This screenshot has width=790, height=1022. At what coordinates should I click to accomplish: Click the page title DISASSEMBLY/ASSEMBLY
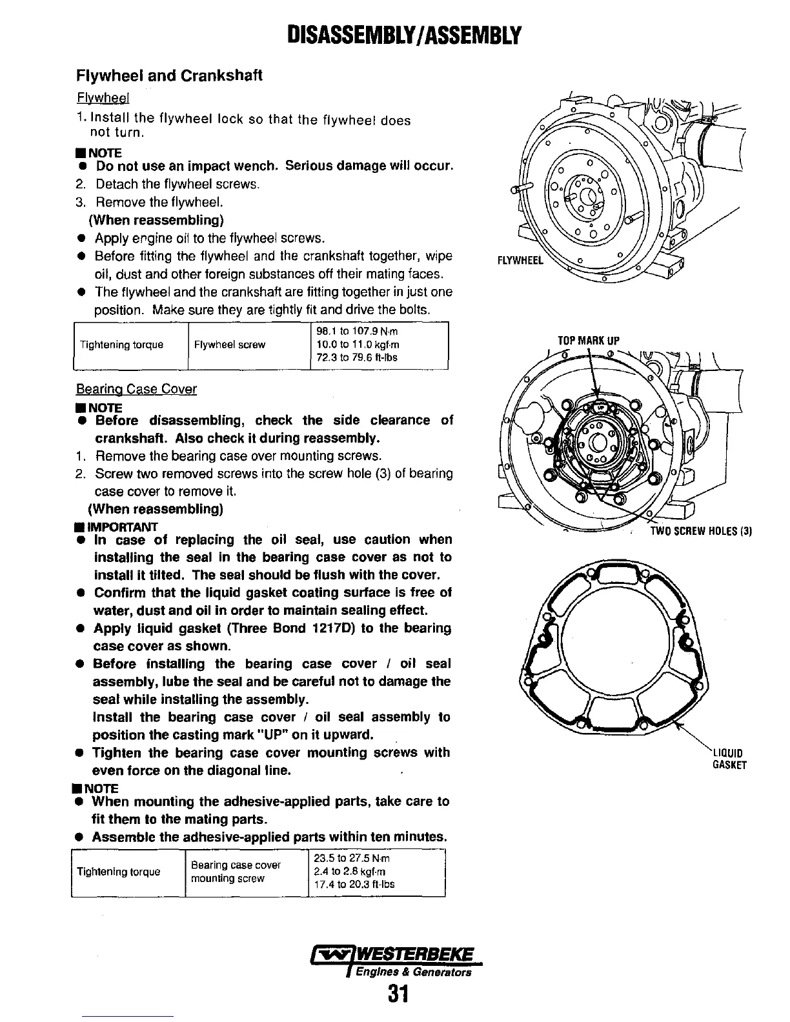394,34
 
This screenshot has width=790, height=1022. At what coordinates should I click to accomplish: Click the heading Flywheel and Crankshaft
169,75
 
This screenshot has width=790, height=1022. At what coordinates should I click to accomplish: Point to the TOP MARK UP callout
589,341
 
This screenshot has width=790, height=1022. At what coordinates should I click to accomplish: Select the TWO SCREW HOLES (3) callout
700,532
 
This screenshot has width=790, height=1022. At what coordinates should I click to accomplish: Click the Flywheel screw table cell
230,345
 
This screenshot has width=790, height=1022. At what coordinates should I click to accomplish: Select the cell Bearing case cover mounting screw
236,872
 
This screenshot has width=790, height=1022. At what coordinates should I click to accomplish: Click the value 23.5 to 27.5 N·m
351,859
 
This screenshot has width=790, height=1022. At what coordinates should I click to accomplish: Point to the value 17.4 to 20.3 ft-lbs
354,885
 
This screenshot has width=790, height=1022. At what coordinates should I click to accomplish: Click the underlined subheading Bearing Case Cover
136,389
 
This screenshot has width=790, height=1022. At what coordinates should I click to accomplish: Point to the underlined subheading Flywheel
104,98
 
